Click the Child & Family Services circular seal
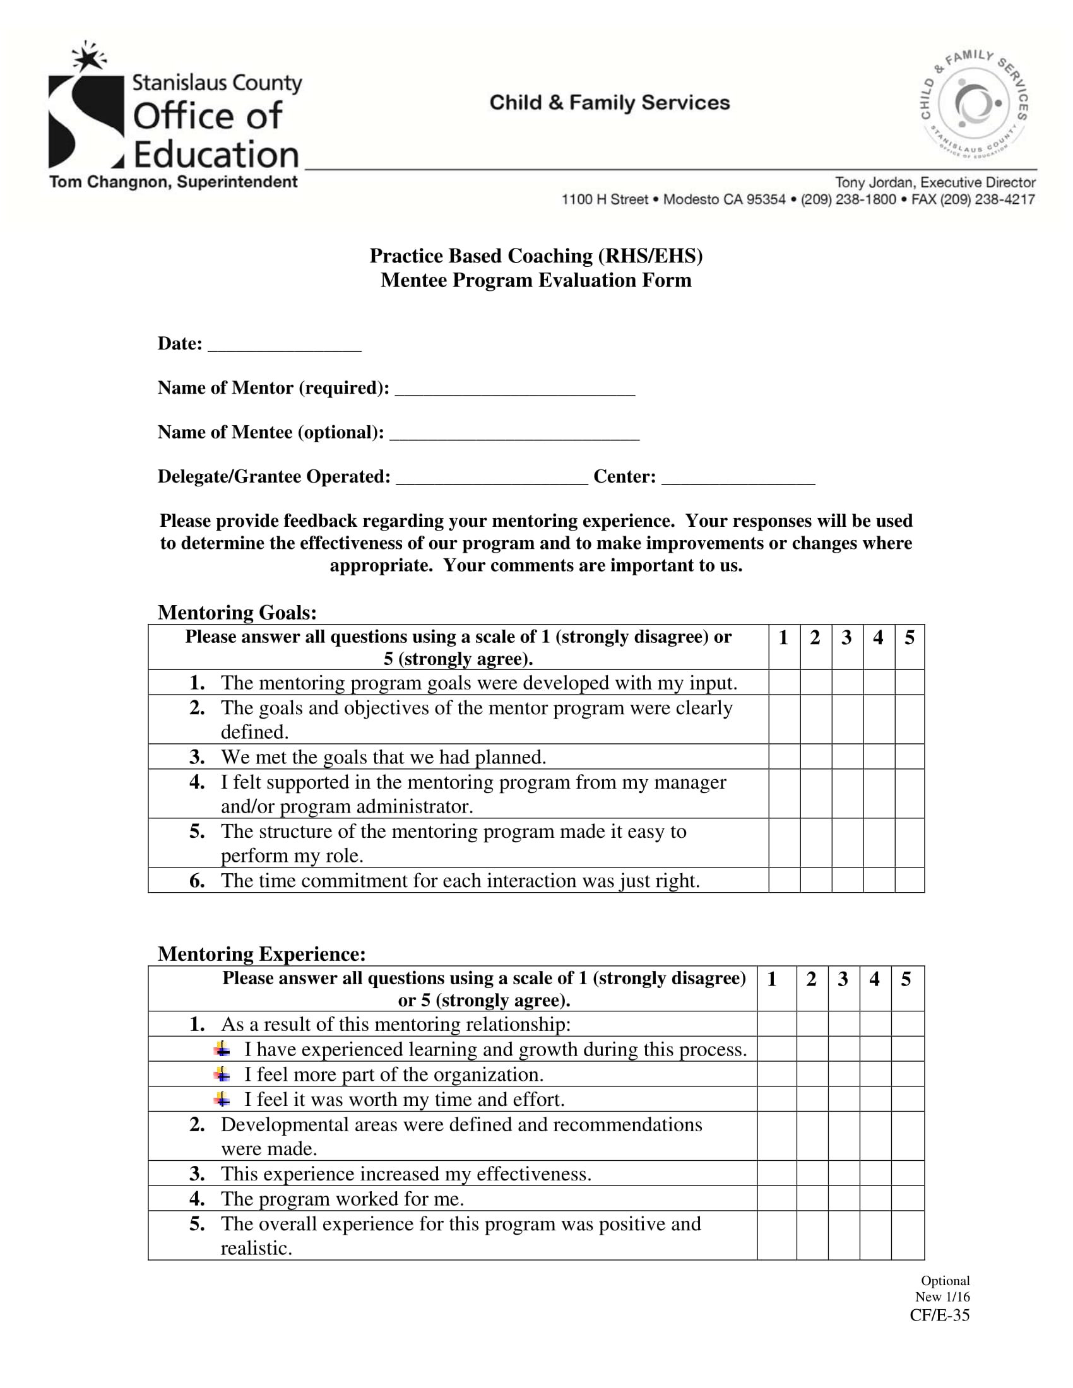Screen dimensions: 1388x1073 point(975,103)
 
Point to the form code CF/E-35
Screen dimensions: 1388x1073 point(939,1315)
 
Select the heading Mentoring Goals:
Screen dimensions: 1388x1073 point(237,613)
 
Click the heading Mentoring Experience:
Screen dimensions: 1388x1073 point(261,954)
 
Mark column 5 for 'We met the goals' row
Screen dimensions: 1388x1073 point(910,756)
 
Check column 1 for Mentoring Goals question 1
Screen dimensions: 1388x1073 point(785,682)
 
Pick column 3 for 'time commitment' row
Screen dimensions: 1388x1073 point(847,880)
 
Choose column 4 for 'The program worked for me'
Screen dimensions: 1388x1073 point(875,1198)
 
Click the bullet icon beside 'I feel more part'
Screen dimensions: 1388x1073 point(222,1074)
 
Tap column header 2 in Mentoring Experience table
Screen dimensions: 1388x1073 point(812,979)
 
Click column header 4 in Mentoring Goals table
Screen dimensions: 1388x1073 point(879,637)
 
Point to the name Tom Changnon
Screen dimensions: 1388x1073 point(109,182)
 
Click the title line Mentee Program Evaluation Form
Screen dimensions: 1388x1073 point(536,280)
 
